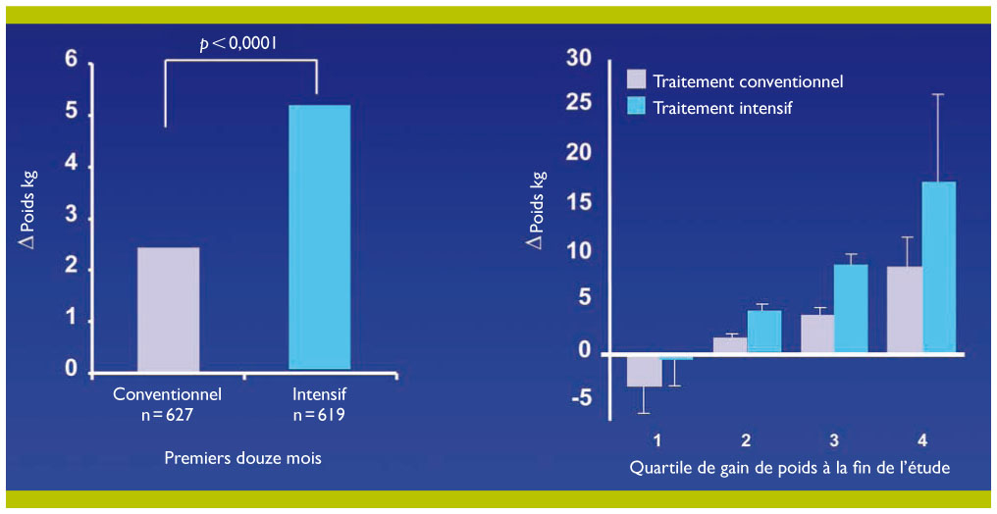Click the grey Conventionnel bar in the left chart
point(168,309)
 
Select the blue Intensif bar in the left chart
point(319,237)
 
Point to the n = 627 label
point(168,415)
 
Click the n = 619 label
point(319,415)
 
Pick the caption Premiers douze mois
point(242,458)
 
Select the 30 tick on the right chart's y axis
point(579,59)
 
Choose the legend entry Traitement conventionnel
point(748,81)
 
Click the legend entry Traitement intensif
point(722,108)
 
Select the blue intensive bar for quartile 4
point(939,267)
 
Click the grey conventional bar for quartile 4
point(905,309)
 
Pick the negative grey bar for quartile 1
point(644,370)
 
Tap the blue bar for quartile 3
point(851,308)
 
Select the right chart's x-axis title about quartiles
point(789,468)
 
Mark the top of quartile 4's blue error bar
point(939,94)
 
